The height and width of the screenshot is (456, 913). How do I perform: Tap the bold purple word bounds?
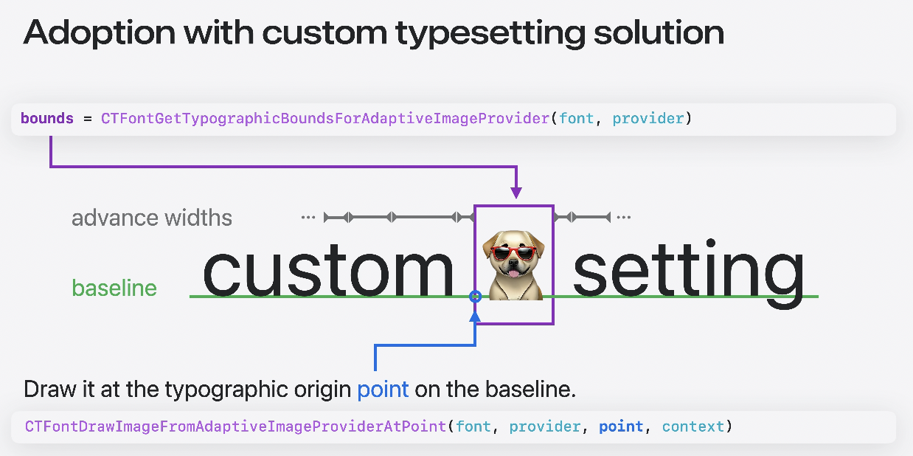[47, 118]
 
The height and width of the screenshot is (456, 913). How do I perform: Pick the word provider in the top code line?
[648, 118]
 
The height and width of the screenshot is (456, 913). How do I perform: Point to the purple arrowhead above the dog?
[515, 193]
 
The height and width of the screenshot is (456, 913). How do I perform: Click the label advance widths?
[152, 218]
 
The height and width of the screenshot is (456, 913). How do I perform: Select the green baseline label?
[114, 288]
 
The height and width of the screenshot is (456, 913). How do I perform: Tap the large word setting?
[687, 272]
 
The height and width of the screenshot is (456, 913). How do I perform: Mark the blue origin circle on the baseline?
[476, 297]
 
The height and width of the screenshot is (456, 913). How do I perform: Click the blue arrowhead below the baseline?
[476, 316]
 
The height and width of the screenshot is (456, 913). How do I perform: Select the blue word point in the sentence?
[383, 389]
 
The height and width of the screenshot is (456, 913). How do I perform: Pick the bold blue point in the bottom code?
[621, 426]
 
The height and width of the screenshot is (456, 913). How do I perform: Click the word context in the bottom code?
[693, 426]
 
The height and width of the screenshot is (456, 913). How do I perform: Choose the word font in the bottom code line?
[474, 426]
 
